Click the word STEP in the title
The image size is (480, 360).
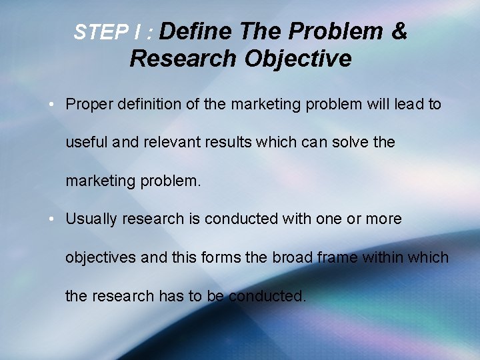93,33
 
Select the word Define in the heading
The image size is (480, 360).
196,31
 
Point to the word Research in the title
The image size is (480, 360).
183,59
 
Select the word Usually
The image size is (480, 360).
90,219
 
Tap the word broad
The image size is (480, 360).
295,257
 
